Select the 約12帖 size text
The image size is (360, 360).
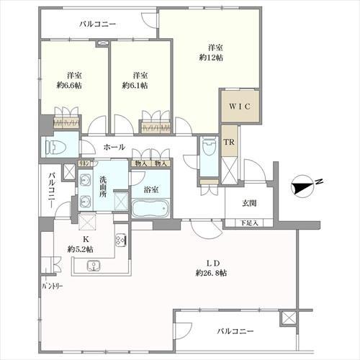[x=211, y=57]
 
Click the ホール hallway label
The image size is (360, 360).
[x=113, y=147]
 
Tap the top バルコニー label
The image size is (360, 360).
[x=98, y=24]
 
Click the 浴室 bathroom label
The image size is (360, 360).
[x=151, y=189]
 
